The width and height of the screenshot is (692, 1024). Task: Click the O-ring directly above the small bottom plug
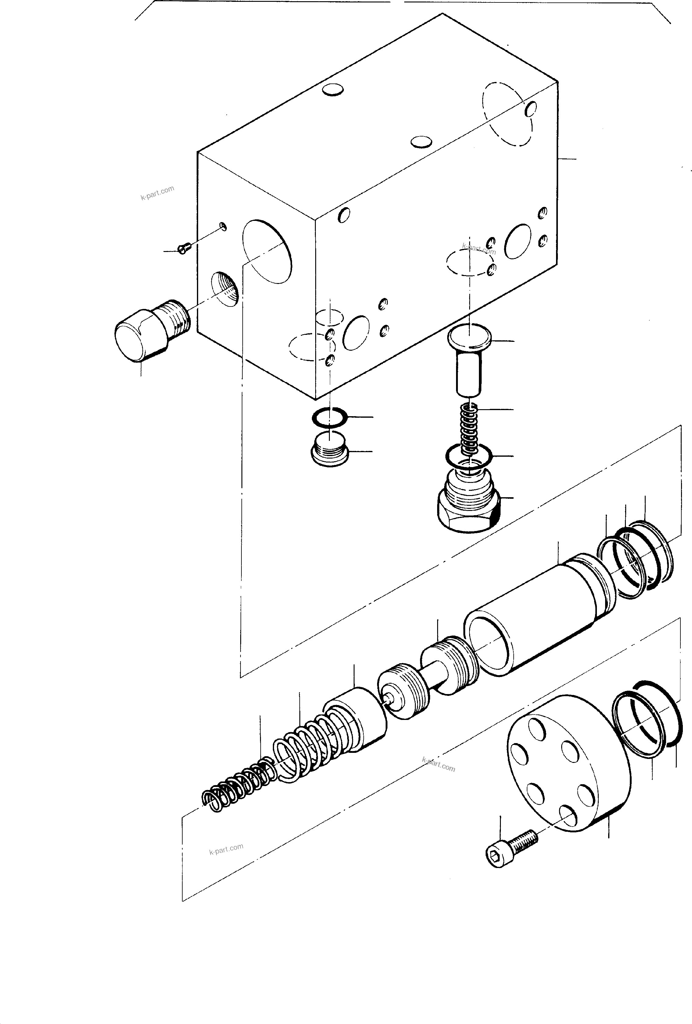pyautogui.click(x=329, y=417)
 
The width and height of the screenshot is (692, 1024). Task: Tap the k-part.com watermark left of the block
pyautogui.click(x=157, y=193)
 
